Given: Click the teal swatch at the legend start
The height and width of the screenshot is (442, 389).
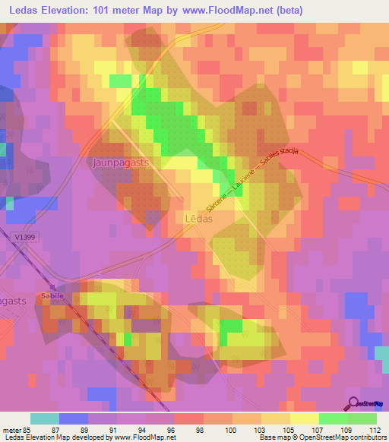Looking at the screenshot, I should tap(45, 418).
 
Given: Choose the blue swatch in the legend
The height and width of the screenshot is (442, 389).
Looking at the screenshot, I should tap(74, 418).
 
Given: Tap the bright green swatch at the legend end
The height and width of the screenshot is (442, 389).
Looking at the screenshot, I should tap(362, 418).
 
